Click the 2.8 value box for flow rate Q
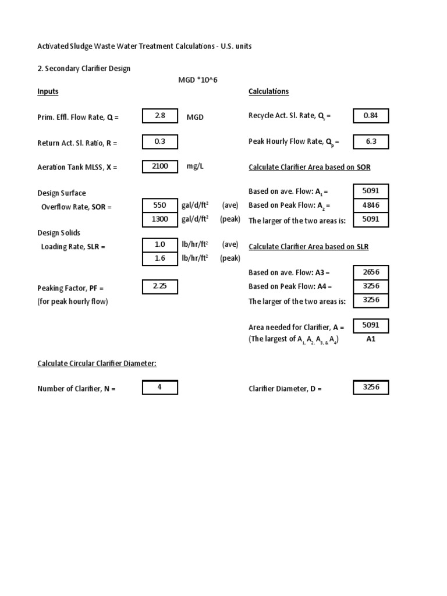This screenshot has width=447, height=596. point(160,116)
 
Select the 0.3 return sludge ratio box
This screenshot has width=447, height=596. point(160,142)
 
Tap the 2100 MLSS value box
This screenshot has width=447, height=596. point(160,166)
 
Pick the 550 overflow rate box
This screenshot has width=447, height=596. point(160,205)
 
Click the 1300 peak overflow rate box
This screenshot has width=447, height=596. point(160,219)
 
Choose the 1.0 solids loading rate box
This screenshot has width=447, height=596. point(160,245)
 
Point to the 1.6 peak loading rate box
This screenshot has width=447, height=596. point(160,259)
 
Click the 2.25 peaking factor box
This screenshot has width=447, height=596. point(160,286)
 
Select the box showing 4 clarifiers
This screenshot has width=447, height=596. point(160,387)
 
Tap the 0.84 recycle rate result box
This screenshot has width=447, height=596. point(371,116)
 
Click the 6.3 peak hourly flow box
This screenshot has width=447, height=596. point(371,141)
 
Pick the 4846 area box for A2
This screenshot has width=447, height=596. point(371,205)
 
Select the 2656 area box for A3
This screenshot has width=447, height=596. point(371,272)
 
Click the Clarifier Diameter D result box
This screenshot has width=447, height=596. point(371,387)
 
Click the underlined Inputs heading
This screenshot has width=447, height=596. point(48,91)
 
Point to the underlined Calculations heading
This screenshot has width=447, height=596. point(268,91)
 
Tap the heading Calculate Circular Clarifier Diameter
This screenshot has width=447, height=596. point(97,364)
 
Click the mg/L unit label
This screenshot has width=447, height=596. point(196,166)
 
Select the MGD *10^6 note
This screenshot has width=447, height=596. point(201,80)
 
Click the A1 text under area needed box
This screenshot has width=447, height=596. point(371,339)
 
